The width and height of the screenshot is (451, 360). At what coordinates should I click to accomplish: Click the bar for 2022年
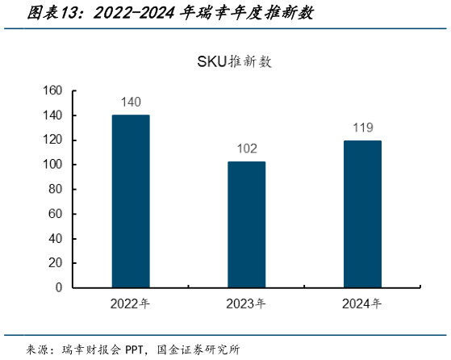point(131,201)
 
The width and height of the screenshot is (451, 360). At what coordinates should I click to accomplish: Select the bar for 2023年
point(246,224)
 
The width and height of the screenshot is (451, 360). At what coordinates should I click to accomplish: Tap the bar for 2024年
point(362,214)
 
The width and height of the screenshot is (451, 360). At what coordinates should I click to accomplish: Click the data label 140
point(131,103)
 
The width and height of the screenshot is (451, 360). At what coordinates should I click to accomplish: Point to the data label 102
point(246,149)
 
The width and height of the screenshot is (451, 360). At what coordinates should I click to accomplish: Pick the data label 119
point(362,128)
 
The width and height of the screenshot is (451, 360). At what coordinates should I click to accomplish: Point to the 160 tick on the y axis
point(52,91)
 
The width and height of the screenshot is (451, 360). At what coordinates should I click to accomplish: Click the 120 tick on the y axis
point(52,140)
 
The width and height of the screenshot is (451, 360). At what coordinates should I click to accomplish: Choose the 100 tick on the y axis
point(52,165)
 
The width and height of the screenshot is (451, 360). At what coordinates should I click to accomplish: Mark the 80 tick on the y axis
point(56,190)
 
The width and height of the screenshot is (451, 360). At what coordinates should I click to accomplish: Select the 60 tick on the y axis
point(56,214)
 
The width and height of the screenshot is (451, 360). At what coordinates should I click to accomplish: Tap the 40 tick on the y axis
point(56,238)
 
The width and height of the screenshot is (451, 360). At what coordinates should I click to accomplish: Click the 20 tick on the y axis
point(56,263)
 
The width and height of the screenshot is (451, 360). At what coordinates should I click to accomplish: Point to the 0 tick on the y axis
point(59,287)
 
